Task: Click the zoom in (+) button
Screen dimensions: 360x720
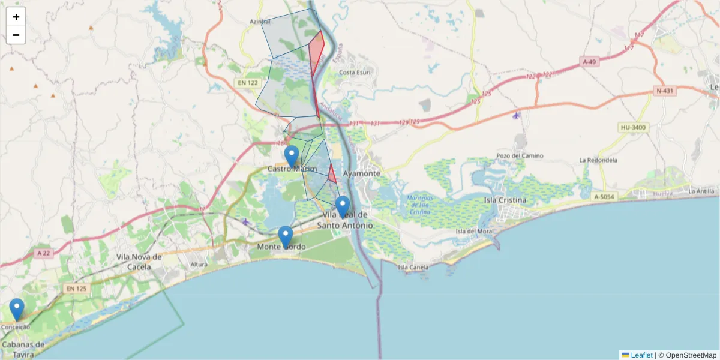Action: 16,17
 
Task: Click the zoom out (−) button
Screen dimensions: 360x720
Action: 16,35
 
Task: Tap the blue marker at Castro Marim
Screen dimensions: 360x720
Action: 292,156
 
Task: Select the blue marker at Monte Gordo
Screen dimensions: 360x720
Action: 286,236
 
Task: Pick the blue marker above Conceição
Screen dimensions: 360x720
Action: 17,309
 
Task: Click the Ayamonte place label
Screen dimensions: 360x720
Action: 361,173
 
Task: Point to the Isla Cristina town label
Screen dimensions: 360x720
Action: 505,200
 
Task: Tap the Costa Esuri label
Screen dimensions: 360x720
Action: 355,73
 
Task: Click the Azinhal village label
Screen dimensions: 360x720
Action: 260,22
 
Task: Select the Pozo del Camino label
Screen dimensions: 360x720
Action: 520,156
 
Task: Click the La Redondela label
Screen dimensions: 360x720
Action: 598,160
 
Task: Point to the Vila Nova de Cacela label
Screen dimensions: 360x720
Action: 139,262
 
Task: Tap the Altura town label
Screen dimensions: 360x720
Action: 199,264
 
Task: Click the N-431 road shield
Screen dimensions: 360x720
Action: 665,91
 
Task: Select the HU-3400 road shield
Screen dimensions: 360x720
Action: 632,128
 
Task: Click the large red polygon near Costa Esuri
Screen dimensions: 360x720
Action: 316,53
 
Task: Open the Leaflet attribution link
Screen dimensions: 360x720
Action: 641,355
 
